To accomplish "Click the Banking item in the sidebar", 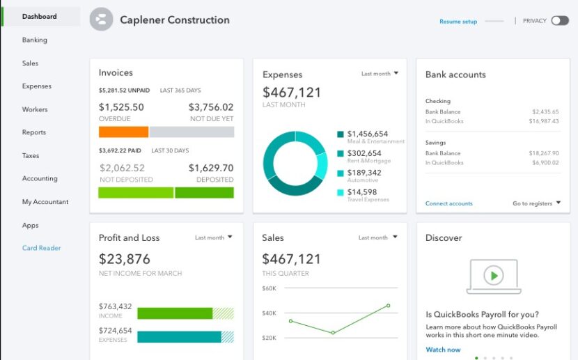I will point(35,40).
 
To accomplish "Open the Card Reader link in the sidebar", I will point(41,248).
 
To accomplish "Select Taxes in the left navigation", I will point(31,155).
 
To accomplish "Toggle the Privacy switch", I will point(559,21).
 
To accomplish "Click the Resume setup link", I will point(458,22).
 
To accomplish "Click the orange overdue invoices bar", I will point(123,132).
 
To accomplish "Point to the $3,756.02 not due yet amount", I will point(211,107).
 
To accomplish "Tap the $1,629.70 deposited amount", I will point(211,168).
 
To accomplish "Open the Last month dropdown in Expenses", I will point(380,73).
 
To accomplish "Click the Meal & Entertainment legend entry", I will point(368,134).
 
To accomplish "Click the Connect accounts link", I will point(448,203).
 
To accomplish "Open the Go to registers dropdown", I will point(536,203).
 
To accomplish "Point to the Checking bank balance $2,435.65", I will point(545,111).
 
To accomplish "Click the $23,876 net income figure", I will point(125,259).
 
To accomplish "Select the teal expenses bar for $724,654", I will point(179,337).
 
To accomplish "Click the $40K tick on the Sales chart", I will point(269,313).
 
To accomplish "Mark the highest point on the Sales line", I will point(388,306).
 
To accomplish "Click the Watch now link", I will point(443,350).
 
